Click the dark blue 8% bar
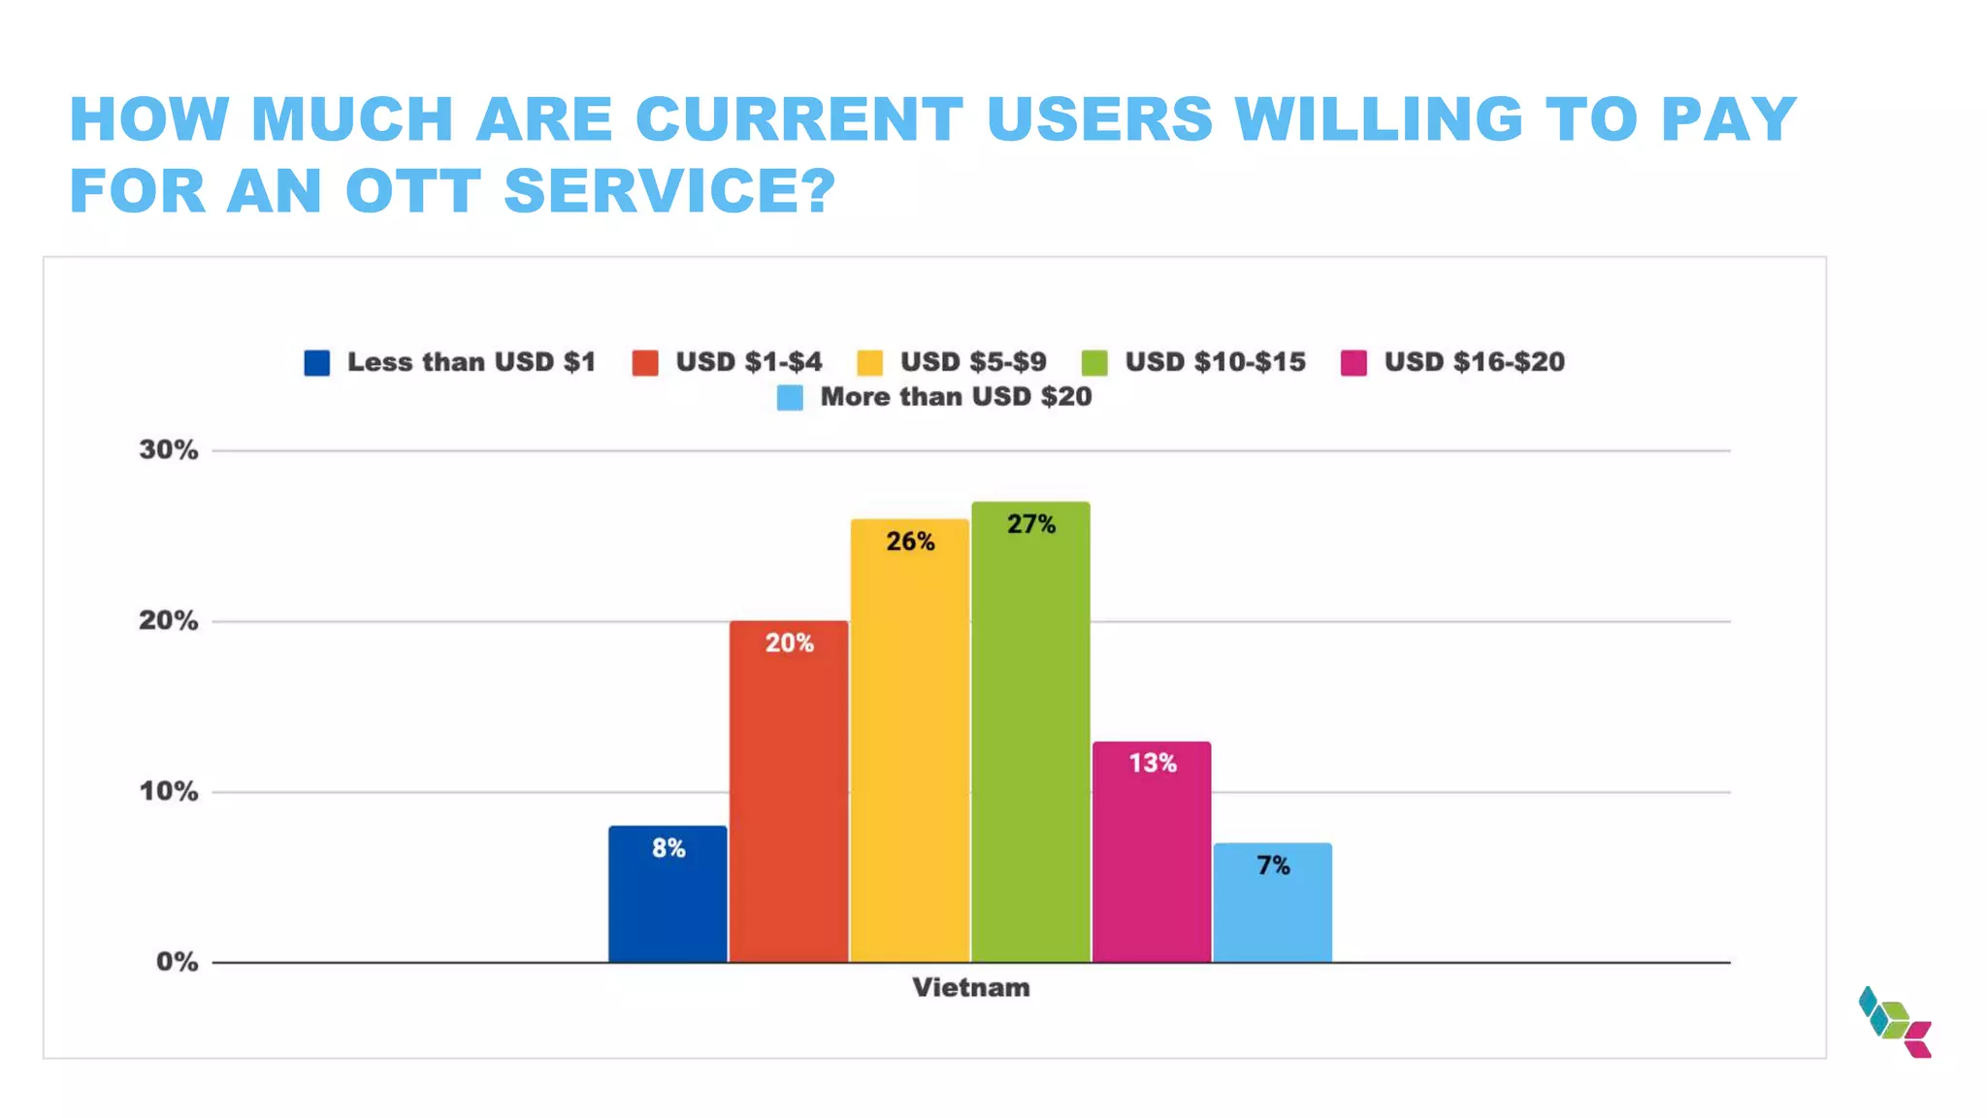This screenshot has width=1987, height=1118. coord(668,895)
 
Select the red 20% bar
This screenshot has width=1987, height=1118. coord(789,792)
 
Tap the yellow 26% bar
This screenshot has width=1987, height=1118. coord(910,741)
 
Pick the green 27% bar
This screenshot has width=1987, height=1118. coord(1030,733)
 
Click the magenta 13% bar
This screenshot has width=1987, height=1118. coord(1152,852)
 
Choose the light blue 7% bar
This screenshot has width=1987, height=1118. coord(1272,903)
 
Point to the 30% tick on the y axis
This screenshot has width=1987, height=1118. coord(169,450)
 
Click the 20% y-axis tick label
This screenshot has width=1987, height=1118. coord(169,621)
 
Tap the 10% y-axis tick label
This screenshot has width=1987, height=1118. coord(169,792)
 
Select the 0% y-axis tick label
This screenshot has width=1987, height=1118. coord(177,962)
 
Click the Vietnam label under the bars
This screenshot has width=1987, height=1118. coord(970,988)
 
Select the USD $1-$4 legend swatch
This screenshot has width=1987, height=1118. coord(645,363)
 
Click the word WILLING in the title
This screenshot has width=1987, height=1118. coord(1379,119)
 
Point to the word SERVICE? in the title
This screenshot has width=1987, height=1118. coord(669,190)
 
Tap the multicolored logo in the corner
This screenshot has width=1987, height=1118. coord(1895,1022)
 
